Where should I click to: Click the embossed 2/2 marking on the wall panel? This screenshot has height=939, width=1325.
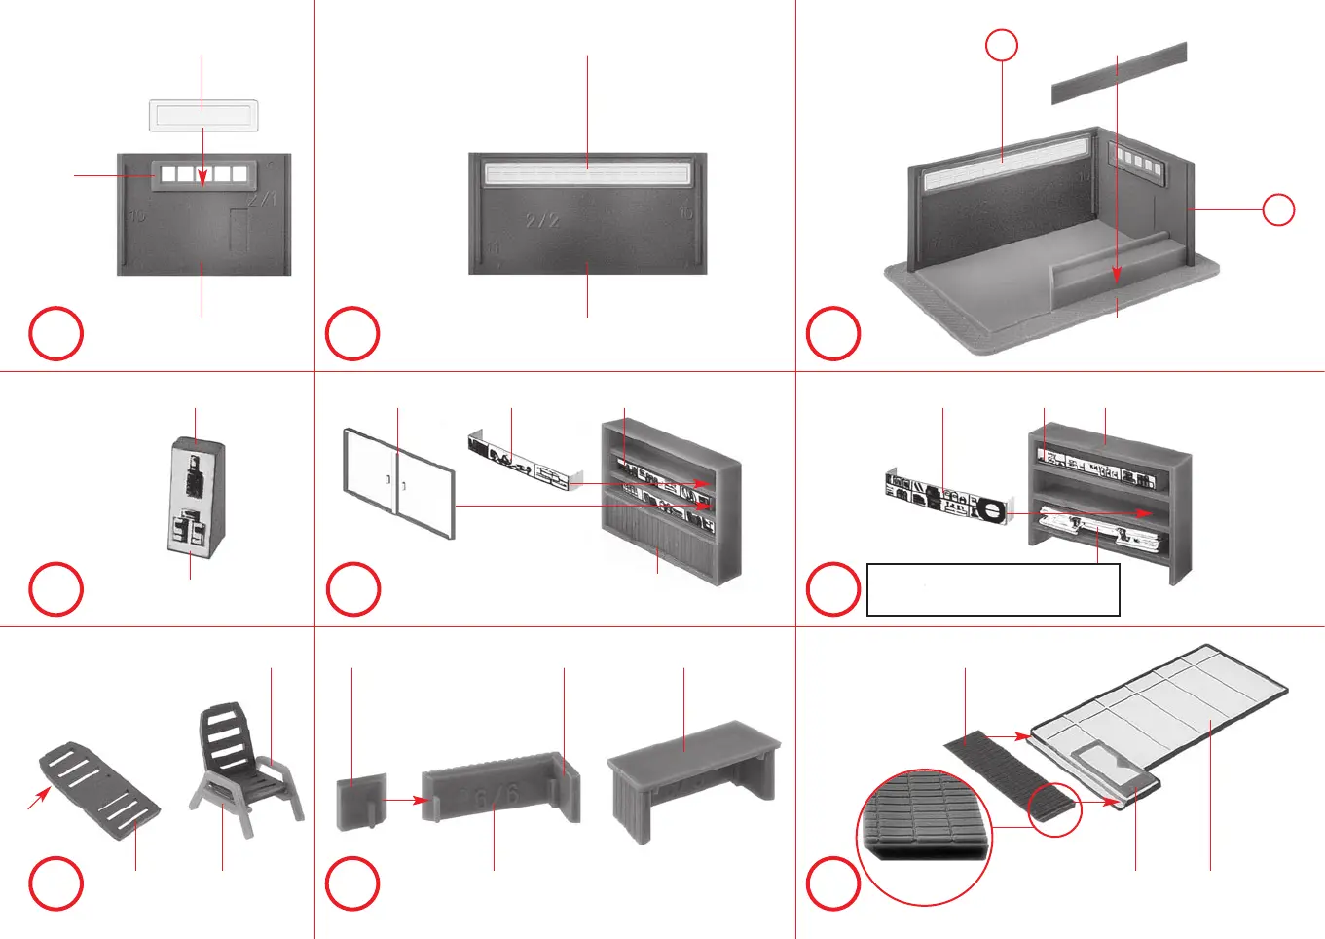542,220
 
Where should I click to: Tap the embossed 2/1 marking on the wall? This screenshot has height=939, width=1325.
263,200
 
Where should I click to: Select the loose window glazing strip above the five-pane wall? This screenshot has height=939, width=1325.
203,116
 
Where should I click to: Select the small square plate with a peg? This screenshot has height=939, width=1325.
360,802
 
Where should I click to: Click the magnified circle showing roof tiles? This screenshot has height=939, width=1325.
924,837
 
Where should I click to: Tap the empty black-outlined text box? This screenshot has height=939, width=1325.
993,589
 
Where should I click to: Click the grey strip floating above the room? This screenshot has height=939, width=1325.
1120,73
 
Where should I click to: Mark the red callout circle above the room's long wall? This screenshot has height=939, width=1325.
1002,45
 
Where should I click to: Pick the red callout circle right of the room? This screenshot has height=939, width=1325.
1278,209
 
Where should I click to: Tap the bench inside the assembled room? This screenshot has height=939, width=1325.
1120,265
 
